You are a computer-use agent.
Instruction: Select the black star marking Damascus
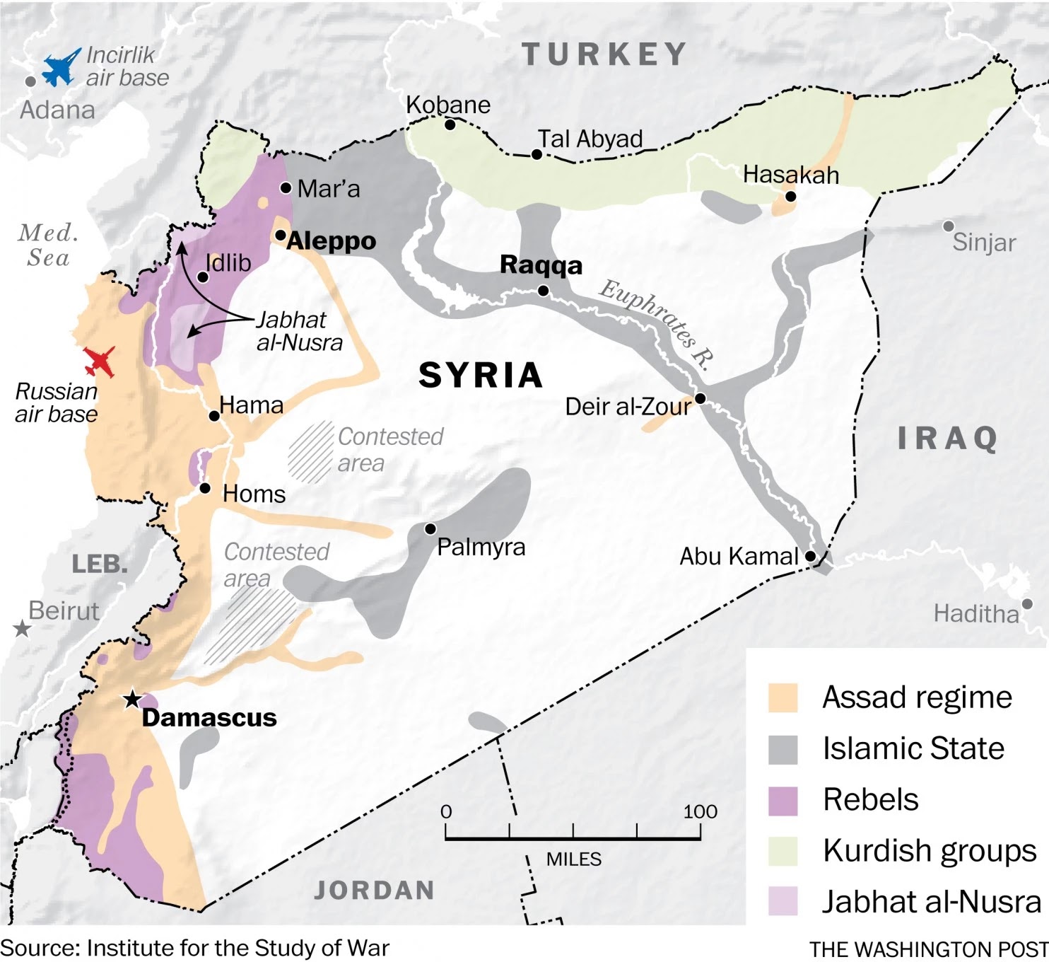pyautogui.click(x=132, y=700)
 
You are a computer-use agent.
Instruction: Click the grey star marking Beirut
pyautogui.click(x=22, y=628)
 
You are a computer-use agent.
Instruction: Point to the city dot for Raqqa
pyautogui.click(x=543, y=291)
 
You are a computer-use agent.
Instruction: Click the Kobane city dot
pyautogui.click(x=450, y=125)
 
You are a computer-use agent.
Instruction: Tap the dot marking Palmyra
pyautogui.click(x=430, y=529)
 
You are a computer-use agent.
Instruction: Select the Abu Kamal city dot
pyautogui.click(x=811, y=557)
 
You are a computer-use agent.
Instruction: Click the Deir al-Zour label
pyautogui.click(x=628, y=407)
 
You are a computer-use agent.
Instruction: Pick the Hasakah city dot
pyautogui.click(x=790, y=197)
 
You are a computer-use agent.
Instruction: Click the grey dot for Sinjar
pyautogui.click(x=948, y=226)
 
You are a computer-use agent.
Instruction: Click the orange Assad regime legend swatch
pyautogui.click(x=783, y=697)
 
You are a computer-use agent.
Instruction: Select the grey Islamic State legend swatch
pyautogui.click(x=783, y=749)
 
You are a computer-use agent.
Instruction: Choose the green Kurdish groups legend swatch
pyautogui.click(x=783, y=851)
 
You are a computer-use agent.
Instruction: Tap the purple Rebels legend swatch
pyautogui.click(x=783, y=800)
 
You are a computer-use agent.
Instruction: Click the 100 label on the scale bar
pyautogui.click(x=700, y=811)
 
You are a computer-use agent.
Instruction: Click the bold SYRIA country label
pyautogui.click(x=481, y=375)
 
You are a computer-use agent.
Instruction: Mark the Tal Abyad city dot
pyautogui.click(x=537, y=155)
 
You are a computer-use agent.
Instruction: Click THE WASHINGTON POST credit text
pyautogui.click(x=928, y=949)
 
